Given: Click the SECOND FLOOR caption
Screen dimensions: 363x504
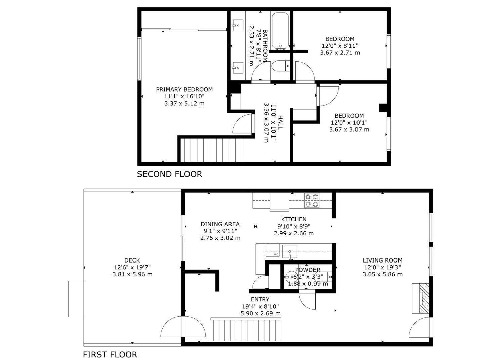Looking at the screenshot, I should (x=169, y=174).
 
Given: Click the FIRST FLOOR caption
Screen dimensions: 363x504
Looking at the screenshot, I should (x=110, y=354).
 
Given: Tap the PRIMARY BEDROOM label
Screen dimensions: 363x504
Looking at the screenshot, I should (x=184, y=89).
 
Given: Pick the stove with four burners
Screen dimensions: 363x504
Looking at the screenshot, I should (x=312, y=200).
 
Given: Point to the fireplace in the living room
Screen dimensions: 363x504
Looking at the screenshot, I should (x=421, y=298).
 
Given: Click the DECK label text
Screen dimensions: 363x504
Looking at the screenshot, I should (x=132, y=260).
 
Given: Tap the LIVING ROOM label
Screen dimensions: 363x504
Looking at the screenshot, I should (x=382, y=260).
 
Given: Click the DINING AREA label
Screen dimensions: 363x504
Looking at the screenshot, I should (x=220, y=224).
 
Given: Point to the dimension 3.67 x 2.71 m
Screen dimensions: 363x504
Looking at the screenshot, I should (x=340, y=53).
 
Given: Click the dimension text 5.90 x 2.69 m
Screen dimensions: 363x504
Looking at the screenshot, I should (x=260, y=313).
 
